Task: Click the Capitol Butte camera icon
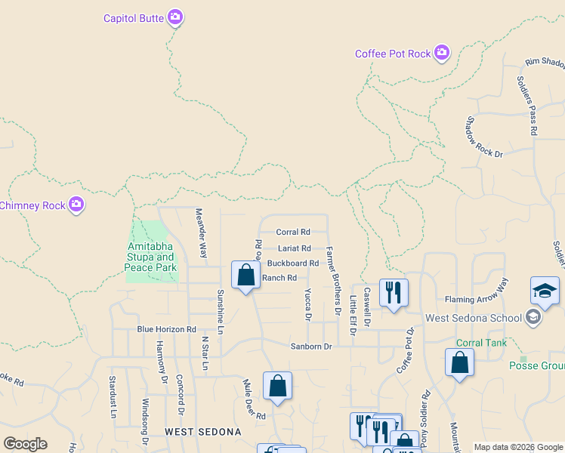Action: point(175,17)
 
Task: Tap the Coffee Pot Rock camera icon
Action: point(442,53)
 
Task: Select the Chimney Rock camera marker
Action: point(76,205)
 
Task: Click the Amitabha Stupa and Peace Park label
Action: point(151,257)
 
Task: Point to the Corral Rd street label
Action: point(293,233)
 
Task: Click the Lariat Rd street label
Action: point(295,248)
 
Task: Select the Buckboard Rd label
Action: point(293,263)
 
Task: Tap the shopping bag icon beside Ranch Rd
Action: point(245,275)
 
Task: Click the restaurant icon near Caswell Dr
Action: point(394,293)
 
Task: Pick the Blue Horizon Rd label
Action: point(166,330)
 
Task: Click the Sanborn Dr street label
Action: point(312,347)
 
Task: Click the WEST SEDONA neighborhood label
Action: point(203,433)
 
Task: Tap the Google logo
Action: point(25,444)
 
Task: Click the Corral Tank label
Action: point(480,343)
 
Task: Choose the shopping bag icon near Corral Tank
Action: point(459,363)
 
